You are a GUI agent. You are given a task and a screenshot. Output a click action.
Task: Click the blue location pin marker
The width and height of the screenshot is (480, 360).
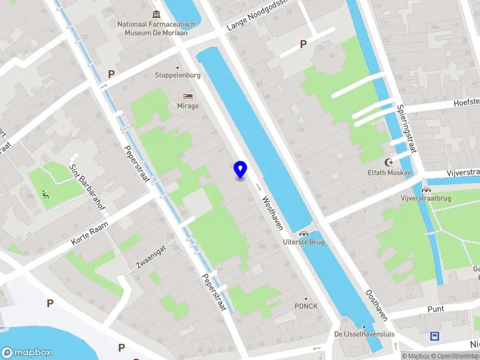coord(240,170)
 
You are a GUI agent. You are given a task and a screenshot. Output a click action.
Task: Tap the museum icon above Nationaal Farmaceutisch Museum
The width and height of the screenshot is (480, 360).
coord(157,14)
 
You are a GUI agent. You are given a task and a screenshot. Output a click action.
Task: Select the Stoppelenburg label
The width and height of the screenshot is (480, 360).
coord(177,75)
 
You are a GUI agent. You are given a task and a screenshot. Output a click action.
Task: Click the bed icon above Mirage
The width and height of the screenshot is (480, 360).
coord(188,96)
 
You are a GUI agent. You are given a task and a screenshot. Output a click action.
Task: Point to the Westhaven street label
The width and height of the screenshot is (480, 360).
coord(271,214)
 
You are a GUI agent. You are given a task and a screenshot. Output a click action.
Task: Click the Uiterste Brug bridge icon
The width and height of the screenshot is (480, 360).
coord(304,233)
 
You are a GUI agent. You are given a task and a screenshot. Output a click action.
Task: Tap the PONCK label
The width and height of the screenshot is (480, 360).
coord(306,305)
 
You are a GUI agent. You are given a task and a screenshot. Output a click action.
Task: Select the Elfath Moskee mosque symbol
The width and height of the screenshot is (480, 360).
coord(389,163)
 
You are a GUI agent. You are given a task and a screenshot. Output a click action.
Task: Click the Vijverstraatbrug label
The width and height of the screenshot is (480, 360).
coord(425,197)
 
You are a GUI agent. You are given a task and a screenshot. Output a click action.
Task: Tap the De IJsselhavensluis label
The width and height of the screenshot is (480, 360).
coord(360,334)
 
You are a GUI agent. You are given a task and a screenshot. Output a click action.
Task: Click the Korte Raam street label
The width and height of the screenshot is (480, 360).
coord(88,232)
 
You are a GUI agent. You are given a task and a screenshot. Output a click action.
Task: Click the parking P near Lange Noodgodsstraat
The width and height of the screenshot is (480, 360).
coord(303,44)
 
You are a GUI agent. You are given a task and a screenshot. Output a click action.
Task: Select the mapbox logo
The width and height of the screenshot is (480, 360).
coord(25,352)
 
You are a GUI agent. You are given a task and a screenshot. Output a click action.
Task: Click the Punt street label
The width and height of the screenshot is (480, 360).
coord(436,308)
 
